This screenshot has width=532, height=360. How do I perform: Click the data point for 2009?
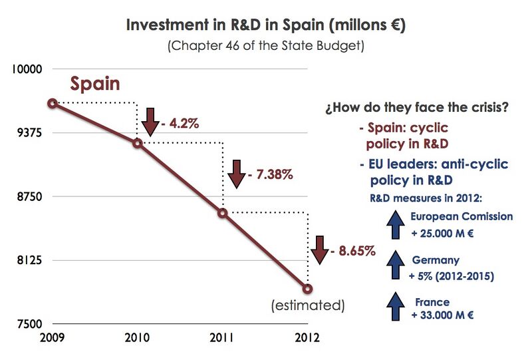point(52,103)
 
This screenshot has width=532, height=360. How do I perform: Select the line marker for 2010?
point(138,142)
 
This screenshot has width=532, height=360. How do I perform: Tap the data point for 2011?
point(223,213)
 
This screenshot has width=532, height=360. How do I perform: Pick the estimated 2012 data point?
point(308,288)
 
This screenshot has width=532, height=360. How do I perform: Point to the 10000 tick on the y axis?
point(29,69)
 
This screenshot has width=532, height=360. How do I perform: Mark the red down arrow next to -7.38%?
point(236,174)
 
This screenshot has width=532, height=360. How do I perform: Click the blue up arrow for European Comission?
point(396,224)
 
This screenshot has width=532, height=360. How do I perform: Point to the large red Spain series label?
point(95,85)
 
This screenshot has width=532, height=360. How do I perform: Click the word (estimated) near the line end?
point(307,306)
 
